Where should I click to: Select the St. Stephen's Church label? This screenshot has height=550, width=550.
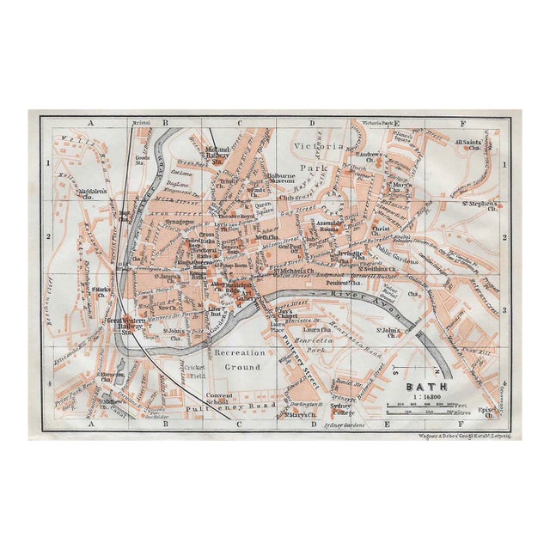[482, 206]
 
